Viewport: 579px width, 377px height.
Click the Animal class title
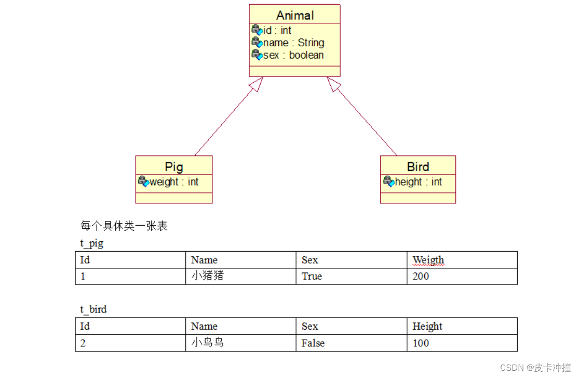tap(294, 15)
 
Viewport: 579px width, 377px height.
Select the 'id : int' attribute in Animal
tap(277, 31)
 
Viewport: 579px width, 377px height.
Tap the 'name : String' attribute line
tap(293, 43)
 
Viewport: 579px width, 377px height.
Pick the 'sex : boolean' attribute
tap(293, 55)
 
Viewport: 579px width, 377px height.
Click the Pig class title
tap(174, 167)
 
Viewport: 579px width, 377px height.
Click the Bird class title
tap(418, 167)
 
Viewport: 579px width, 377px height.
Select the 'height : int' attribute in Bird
tap(419, 182)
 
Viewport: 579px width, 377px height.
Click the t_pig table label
tap(92, 243)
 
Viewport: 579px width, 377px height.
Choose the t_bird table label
tap(93, 309)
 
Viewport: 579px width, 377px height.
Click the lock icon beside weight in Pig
tap(143, 181)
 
